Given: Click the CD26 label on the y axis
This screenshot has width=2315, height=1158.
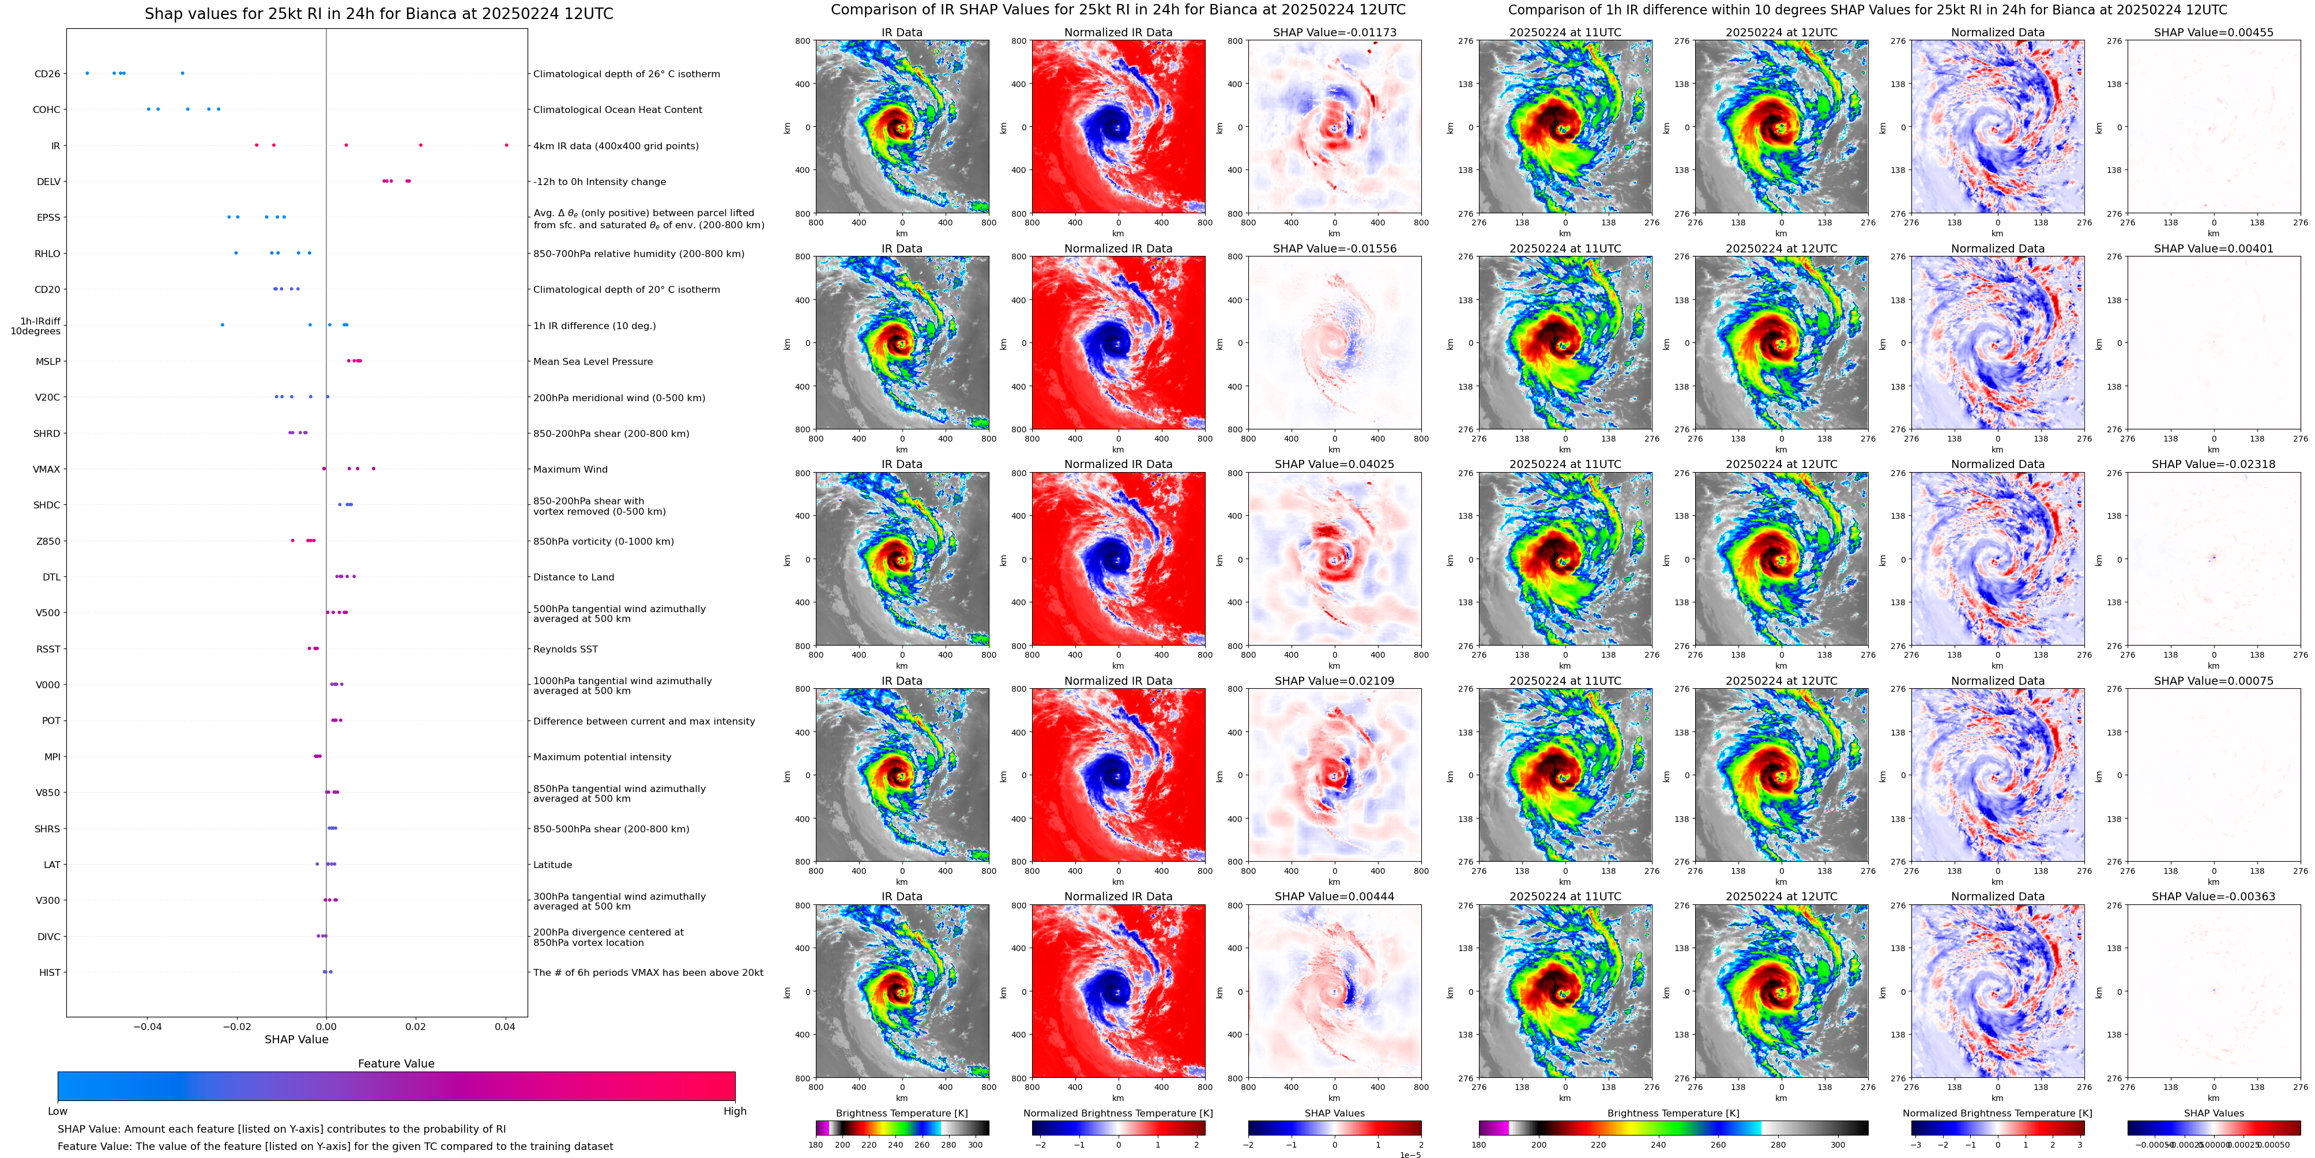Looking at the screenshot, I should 47,74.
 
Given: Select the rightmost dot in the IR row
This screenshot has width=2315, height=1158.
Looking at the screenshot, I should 506,145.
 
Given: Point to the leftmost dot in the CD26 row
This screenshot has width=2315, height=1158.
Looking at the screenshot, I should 86,73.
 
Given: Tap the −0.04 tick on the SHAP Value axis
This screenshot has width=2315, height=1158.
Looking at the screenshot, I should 148,1027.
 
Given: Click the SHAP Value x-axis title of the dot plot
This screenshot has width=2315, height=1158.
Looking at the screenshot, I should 296,1039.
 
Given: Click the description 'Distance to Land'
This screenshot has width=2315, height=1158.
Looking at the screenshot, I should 573,578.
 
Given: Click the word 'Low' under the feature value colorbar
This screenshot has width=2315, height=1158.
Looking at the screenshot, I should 58,1111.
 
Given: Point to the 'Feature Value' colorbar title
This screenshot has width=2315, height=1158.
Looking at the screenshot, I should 396,1063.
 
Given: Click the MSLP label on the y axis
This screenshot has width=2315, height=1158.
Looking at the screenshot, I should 48,361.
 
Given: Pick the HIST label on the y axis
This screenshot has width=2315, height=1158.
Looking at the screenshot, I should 50,972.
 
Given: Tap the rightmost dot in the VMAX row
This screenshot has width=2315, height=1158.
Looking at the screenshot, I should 373,468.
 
